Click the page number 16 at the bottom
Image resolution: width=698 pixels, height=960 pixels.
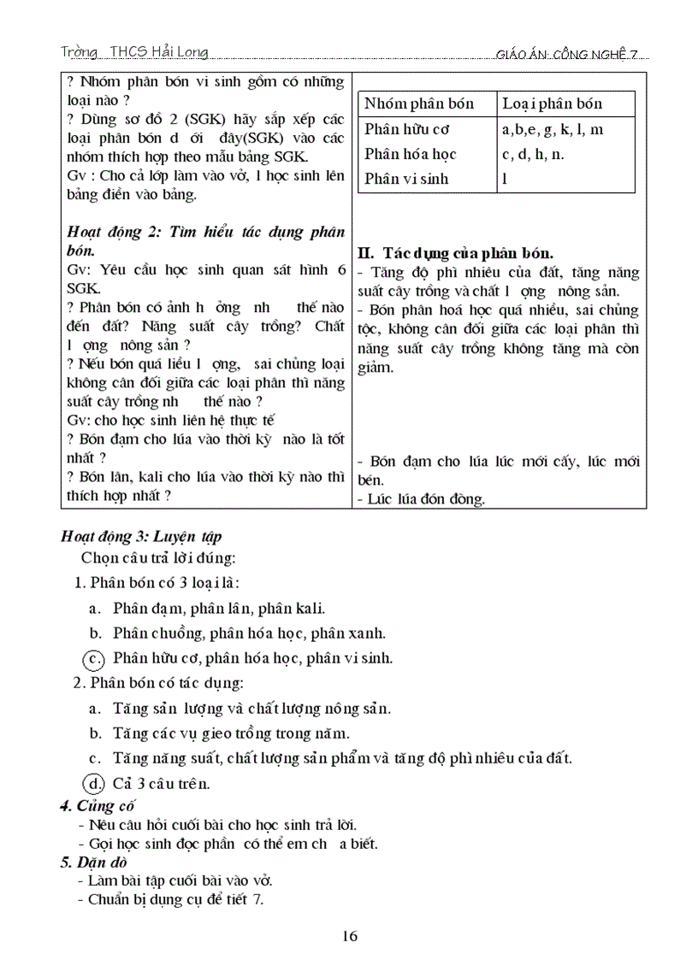(349, 935)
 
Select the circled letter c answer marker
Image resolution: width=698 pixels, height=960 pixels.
(92, 658)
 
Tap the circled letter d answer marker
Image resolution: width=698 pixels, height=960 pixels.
(92, 782)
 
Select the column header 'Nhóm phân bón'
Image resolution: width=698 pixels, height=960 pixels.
(419, 104)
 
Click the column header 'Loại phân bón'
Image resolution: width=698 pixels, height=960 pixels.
(553, 104)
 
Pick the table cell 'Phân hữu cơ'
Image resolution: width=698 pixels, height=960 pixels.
(407, 130)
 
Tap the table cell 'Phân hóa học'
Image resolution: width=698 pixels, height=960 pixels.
(411, 155)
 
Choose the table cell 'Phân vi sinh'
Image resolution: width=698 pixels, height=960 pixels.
(406, 180)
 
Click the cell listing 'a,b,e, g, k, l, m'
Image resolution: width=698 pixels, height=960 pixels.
(553, 130)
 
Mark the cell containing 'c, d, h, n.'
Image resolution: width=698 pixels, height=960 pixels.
(533, 155)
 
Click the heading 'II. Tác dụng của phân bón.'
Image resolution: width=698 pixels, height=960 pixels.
(455, 254)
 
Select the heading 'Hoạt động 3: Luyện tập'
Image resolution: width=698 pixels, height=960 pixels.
(141, 537)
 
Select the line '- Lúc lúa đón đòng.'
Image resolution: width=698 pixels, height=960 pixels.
(421, 499)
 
